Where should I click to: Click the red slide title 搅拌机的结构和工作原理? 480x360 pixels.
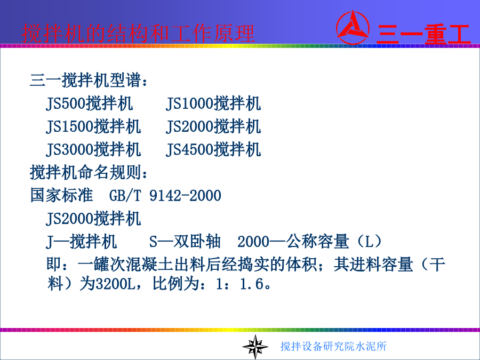(138, 33)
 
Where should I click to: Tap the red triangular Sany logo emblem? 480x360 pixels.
(353, 28)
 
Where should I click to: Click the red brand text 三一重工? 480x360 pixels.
(423, 34)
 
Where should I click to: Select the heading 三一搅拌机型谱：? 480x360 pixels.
(89, 81)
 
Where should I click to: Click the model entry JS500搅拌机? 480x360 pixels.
(90, 103)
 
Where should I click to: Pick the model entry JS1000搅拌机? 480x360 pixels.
(213, 103)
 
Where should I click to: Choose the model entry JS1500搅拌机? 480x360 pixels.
(93, 126)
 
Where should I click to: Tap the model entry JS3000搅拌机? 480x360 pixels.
(93, 149)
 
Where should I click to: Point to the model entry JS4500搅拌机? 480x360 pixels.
(213, 149)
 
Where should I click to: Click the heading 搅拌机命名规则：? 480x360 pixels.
(89, 172)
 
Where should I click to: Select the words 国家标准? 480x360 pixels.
(61, 195)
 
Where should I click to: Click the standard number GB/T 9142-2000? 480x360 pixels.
(165, 196)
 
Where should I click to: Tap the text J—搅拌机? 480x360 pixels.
(82, 242)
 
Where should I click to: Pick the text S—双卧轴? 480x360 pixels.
(185, 242)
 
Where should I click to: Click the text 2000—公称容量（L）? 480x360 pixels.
(310, 242)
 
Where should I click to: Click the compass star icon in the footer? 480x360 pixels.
(255, 347)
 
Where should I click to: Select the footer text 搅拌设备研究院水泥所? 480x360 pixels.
(333, 346)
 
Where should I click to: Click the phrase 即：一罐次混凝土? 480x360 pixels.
(110, 265)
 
